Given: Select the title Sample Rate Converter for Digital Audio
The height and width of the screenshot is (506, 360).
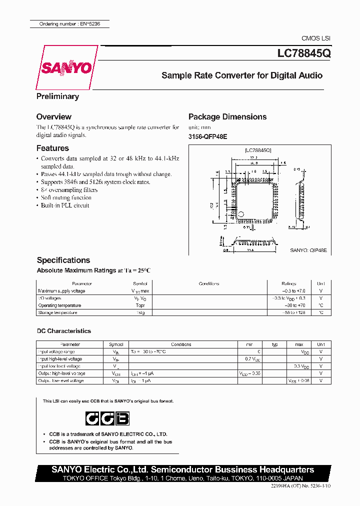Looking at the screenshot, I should [x=241, y=75].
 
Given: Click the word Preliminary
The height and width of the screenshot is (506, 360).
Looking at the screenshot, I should [x=57, y=96].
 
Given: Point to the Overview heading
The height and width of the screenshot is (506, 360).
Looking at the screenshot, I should [x=53, y=116].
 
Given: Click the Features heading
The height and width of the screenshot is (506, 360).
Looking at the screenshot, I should [x=52, y=148].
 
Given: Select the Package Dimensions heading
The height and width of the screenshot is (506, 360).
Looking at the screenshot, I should [x=227, y=116].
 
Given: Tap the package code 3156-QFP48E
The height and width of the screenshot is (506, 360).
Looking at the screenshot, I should [x=207, y=136].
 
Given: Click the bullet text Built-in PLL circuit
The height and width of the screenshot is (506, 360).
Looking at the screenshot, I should [x=65, y=205].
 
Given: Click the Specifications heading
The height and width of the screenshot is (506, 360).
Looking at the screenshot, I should [x=63, y=260].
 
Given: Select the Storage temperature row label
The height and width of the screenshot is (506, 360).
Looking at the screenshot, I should [x=57, y=312].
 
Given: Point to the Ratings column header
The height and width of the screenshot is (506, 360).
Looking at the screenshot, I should [x=289, y=283].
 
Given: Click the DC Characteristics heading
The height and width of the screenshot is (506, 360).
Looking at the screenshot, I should [x=64, y=331].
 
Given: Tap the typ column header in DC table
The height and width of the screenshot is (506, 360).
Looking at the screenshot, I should [x=274, y=344].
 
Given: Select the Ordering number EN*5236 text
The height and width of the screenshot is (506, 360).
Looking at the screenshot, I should [x=69, y=24].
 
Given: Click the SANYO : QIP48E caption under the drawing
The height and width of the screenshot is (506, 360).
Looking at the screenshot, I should [x=308, y=249].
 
